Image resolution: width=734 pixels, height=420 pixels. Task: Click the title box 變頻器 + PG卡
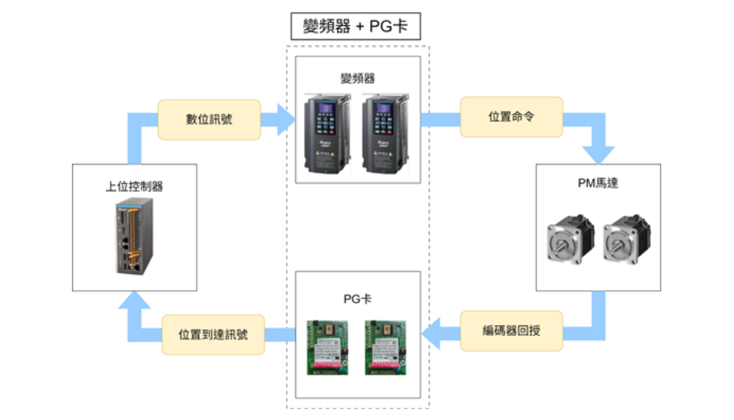tap(356, 27)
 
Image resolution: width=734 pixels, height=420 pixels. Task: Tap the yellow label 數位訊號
tap(209, 120)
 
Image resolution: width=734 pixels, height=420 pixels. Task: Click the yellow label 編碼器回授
tap(511, 331)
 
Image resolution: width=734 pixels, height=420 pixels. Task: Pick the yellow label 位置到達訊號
tap(213, 334)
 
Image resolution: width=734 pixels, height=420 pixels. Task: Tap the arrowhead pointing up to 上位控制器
tap(128, 304)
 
